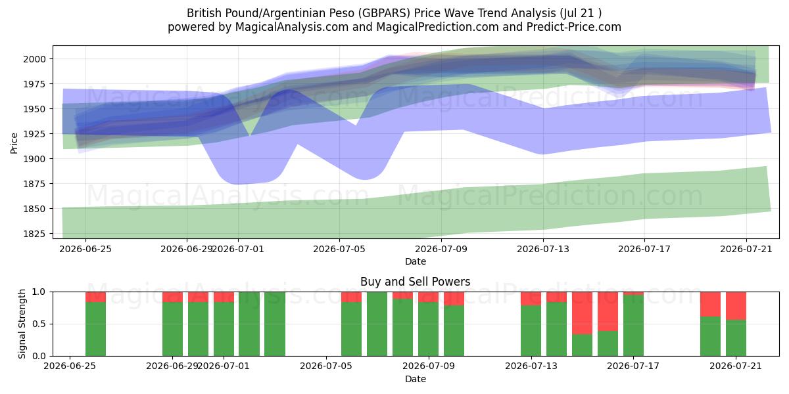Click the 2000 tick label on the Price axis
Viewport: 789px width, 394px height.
pyautogui.click(x=34, y=59)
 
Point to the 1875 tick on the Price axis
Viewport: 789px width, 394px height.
pyautogui.click(x=34, y=184)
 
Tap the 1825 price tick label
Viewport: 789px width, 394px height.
pyautogui.click(x=34, y=234)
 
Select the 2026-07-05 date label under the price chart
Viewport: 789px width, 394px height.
pyautogui.click(x=339, y=249)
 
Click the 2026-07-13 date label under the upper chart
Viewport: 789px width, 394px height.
pyautogui.click(x=543, y=249)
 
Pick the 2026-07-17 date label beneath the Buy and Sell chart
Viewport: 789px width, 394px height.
pyautogui.click(x=633, y=366)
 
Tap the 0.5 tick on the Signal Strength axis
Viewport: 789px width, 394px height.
pyautogui.click(x=38, y=324)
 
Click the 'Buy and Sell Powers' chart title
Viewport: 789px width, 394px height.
pyautogui.click(x=416, y=282)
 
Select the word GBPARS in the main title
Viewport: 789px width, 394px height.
pyautogui.click(x=384, y=13)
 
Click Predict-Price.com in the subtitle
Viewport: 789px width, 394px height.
pyautogui.click(x=574, y=27)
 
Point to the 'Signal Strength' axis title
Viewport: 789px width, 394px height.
pyautogui.click(x=22, y=324)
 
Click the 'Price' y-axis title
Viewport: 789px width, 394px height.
pyautogui.click(x=14, y=143)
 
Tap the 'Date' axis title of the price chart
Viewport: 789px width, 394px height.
pyautogui.click(x=416, y=261)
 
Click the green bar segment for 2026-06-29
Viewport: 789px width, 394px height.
pyautogui.click(x=172, y=329)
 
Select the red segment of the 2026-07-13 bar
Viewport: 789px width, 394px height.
pyautogui.click(x=531, y=299)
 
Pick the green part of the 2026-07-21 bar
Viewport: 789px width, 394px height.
pyautogui.click(x=736, y=338)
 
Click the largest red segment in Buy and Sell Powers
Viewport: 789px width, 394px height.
pyautogui.click(x=582, y=313)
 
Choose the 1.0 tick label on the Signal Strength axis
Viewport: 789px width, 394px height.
pyautogui.click(x=38, y=292)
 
